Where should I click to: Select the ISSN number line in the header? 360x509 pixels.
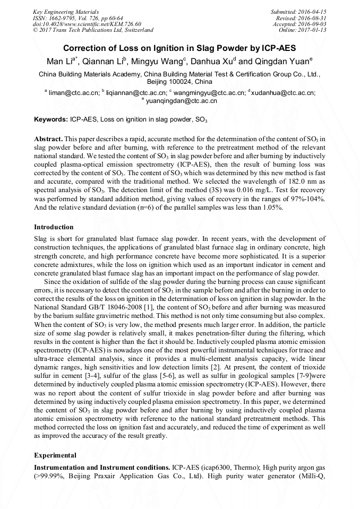78,18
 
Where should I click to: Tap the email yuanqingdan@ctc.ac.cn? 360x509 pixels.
182,100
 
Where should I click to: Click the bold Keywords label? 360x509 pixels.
50,120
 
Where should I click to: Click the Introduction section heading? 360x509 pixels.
54,227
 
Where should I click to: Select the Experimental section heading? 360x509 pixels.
55,455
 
